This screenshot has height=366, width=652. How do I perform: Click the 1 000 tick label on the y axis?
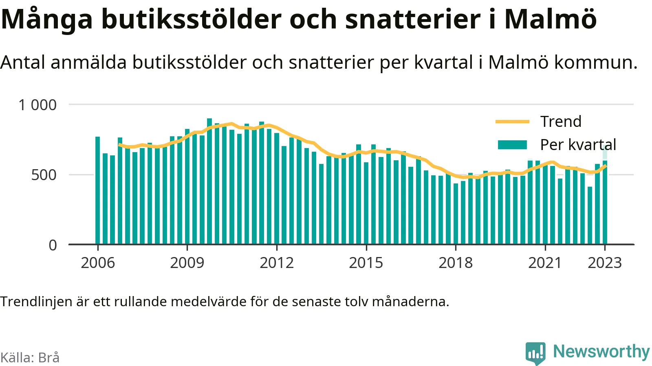click(37, 105)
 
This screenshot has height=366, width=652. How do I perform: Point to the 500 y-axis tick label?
click(44, 175)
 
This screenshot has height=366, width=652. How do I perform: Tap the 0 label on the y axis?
click(53, 245)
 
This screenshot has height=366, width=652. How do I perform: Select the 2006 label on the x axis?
click(98, 263)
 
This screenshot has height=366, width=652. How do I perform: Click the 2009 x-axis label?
click(187, 263)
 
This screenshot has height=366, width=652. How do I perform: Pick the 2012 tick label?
click(277, 263)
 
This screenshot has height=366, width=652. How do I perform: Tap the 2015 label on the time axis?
click(366, 263)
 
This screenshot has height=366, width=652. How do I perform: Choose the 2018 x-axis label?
click(456, 263)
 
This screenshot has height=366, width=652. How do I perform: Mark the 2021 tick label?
click(545, 263)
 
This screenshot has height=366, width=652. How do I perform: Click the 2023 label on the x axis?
click(605, 263)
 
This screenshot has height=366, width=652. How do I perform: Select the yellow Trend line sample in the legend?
click(512, 122)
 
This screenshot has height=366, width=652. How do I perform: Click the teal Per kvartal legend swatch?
click(512, 145)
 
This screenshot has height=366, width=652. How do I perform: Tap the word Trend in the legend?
click(561, 122)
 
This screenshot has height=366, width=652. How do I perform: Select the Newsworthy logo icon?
click(535, 353)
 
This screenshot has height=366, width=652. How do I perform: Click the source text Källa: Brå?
click(30, 357)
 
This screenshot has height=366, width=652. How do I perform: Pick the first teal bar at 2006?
click(97, 190)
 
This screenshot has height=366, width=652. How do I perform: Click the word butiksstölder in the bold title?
click(192, 19)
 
